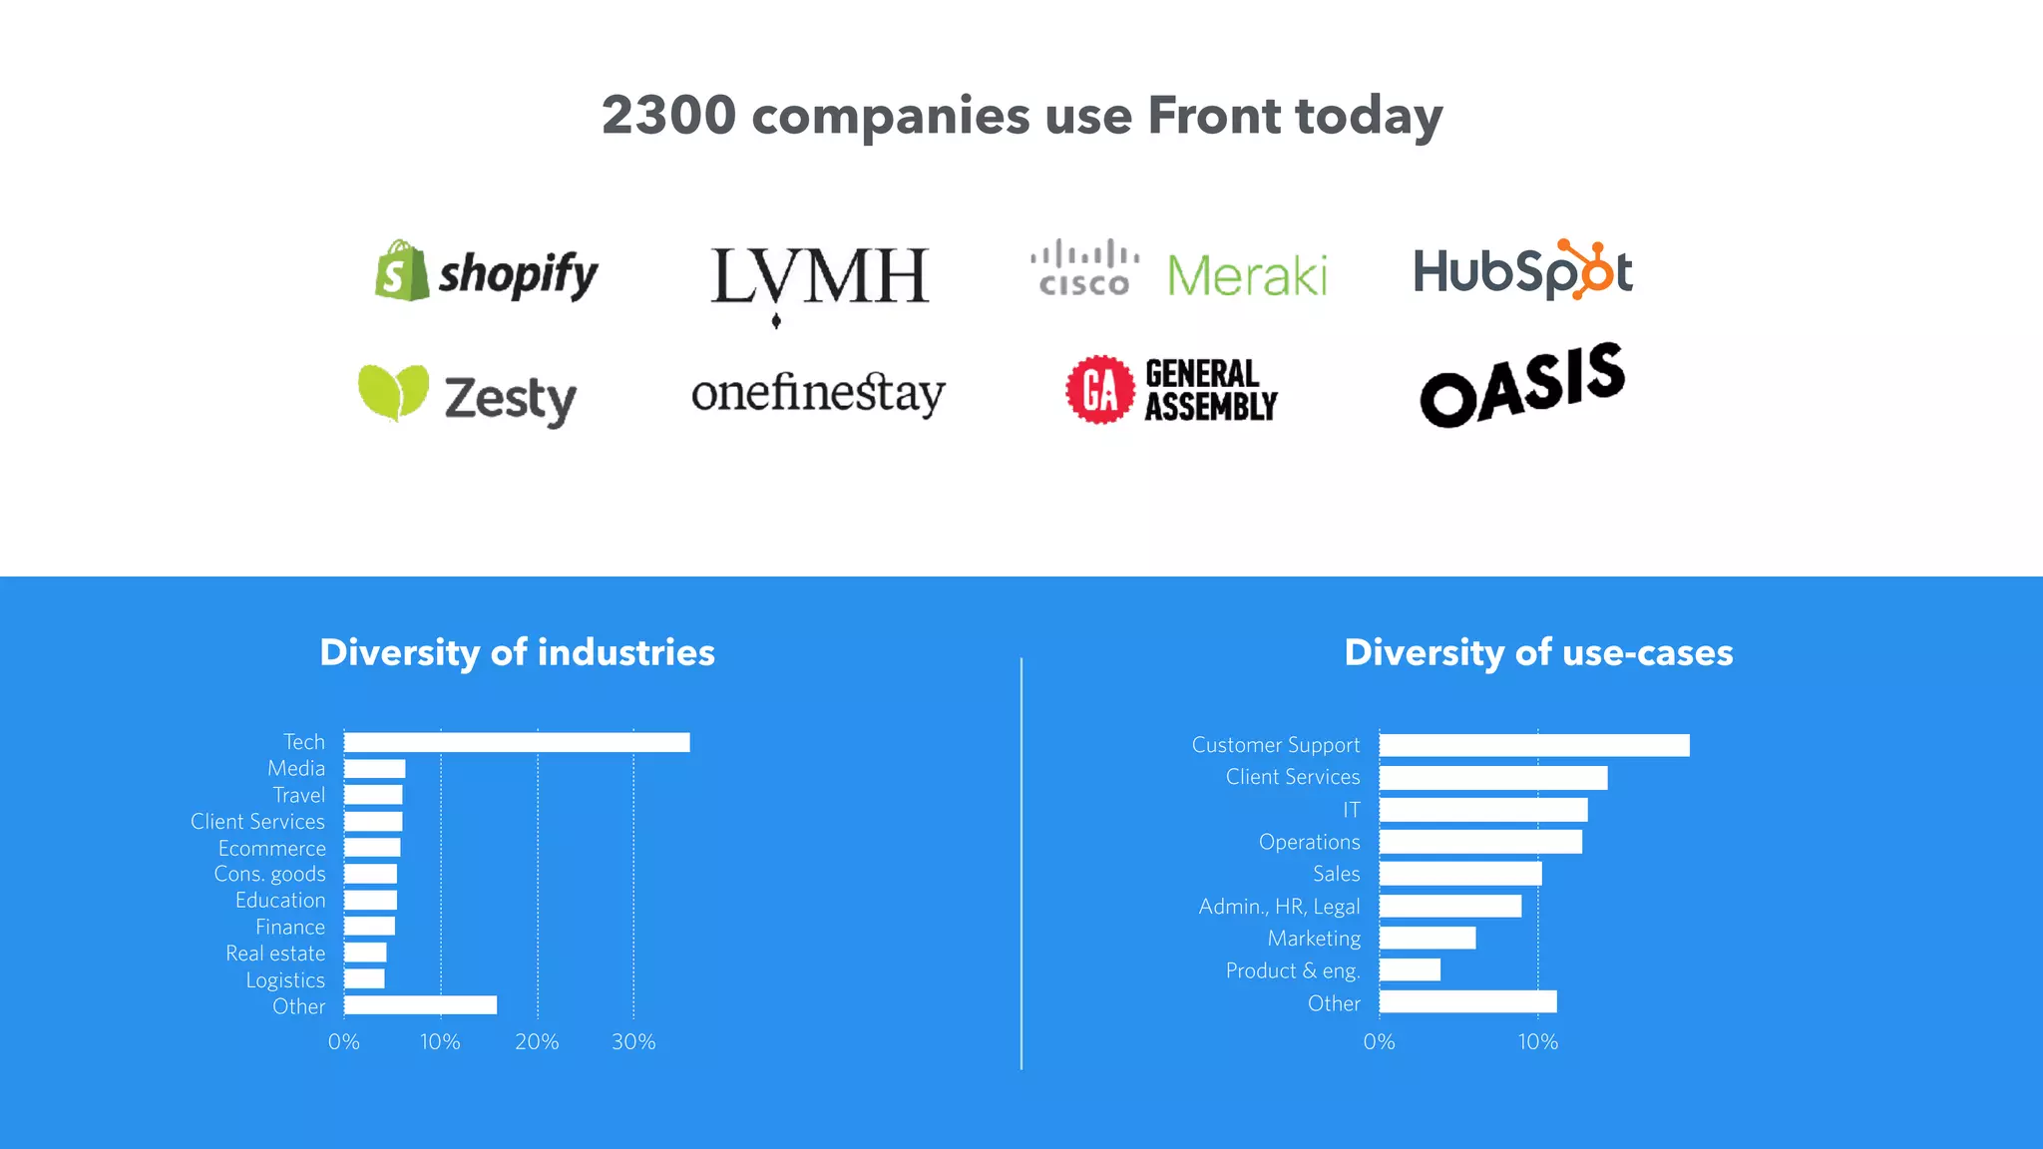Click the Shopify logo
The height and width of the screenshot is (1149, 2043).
point(487,271)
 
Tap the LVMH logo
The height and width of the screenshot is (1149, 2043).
point(819,279)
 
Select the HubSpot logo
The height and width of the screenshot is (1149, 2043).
point(1522,270)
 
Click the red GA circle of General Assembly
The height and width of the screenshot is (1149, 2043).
point(1099,390)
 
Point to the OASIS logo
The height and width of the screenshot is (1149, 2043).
point(1522,385)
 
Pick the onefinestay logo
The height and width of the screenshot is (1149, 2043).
point(818,394)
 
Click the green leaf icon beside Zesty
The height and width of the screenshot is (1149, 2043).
point(393,392)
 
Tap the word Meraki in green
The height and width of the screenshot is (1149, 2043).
point(1247,275)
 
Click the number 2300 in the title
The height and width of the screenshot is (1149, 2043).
point(668,116)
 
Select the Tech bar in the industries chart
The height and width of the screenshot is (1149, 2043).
point(517,742)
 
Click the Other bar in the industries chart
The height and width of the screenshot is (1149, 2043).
point(420,1005)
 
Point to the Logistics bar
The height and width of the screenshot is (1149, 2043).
point(364,979)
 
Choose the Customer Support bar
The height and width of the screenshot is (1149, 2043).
point(1534,745)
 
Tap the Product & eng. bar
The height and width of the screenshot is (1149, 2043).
point(1410,969)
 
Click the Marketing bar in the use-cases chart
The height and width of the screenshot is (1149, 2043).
point(1428,938)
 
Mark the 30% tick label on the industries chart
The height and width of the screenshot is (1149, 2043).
point(633,1042)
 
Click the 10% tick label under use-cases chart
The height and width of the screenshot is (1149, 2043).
point(1537,1042)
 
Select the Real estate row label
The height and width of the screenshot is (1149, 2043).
point(275,954)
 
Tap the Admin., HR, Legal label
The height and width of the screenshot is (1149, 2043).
point(1279,907)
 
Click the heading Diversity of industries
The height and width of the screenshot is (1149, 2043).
point(517,652)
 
